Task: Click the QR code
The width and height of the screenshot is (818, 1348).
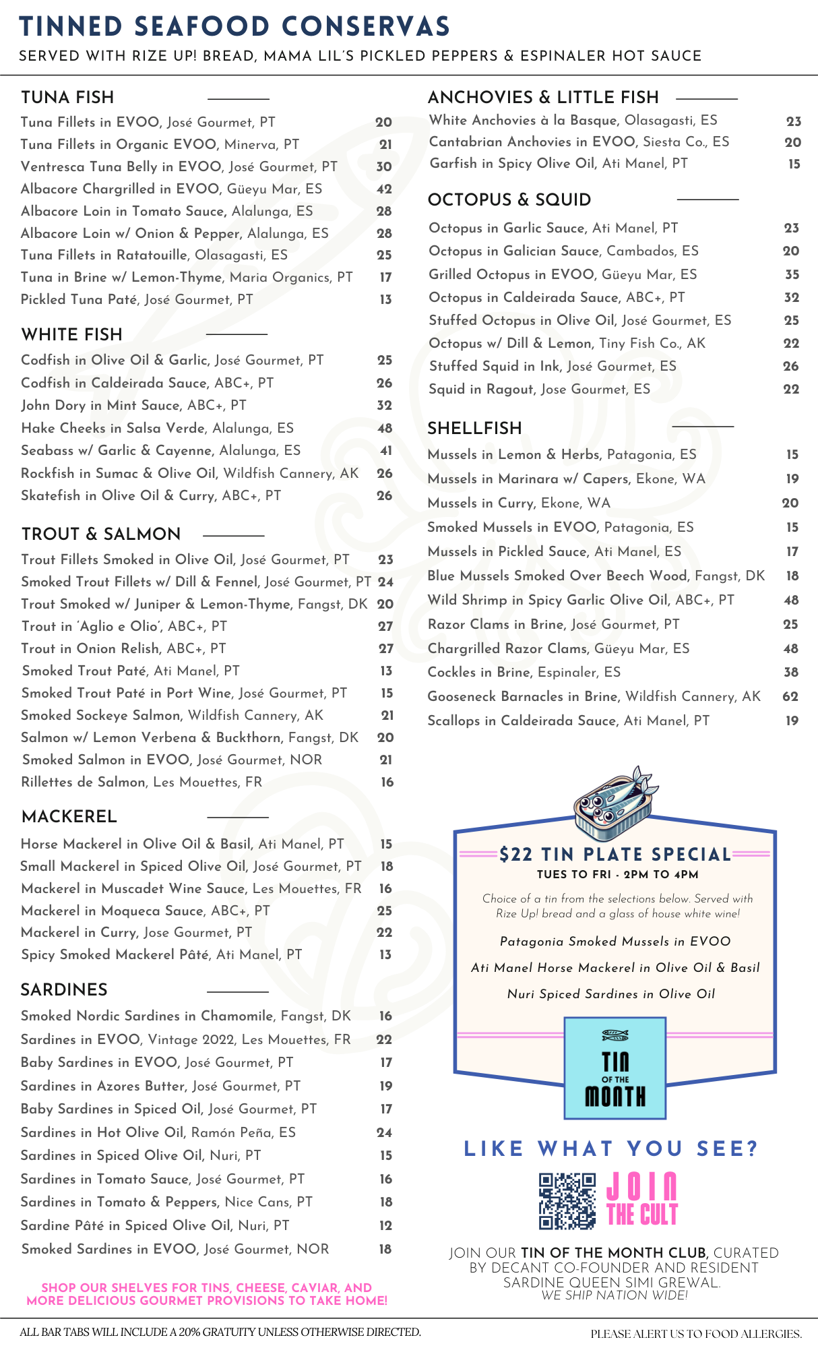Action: pyautogui.click(x=567, y=1200)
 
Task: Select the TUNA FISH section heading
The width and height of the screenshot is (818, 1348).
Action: pyautogui.click(x=67, y=98)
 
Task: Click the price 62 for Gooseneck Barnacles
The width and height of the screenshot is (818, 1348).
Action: pyautogui.click(x=790, y=697)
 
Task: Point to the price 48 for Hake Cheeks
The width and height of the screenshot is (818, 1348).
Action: pyautogui.click(x=385, y=428)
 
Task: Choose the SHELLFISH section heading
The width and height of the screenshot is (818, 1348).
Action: pyautogui.click(x=474, y=429)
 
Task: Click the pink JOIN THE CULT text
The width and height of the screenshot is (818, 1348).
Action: pyautogui.click(x=641, y=1200)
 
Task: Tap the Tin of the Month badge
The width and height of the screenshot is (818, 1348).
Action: pyautogui.click(x=615, y=1068)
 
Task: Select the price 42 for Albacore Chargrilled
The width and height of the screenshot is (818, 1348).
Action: pyautogui.click(x=384, y=189)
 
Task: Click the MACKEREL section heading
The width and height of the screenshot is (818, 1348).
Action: pyautogui.click(x=69, y=817)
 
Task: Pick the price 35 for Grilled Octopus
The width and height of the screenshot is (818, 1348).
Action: pyautogui.click(x=792, y=274)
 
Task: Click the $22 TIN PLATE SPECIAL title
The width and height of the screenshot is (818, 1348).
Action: pyautogui.click(x=615, y=855)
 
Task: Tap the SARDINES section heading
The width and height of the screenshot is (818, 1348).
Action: pyautogui.click(x=64, y=990)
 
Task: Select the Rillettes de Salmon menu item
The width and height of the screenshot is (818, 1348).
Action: pyautogui.click(x=141, y=783)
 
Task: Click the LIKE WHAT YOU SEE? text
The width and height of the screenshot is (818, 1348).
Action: pyautogui.click(x=610, y=1149)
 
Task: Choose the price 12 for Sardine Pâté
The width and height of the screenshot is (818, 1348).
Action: pyautogui.click(x=385, y=1226)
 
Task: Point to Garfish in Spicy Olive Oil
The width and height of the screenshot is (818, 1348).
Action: pyautogui.click(x=559, y=164)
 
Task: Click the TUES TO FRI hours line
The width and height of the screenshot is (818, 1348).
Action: pyautogui.click(x=617, y=875)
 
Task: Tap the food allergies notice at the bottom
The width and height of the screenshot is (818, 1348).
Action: pyautogui.click(x=696, y=1334)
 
